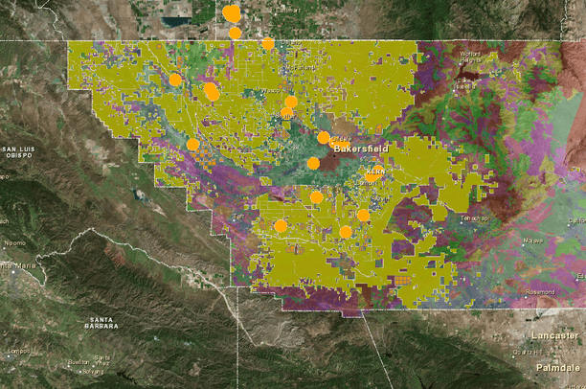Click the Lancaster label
pyautogui.click(x=554, y=335)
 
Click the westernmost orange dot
pyautogui.click(x=175, y=80)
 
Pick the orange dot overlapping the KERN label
pyautogui.click(x=372, y=175)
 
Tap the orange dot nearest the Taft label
pyautogui.click(x=281, y=226)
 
